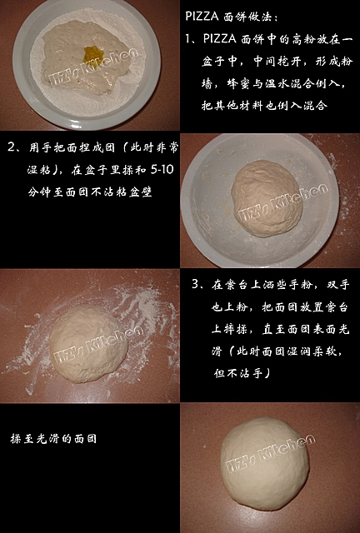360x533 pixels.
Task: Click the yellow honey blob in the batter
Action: [x=93, y=53]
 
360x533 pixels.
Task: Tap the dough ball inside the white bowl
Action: [x=267, y=198]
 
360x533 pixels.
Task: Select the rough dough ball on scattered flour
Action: [x=88, y=343]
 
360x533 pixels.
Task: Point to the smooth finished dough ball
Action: [x=265, y=464]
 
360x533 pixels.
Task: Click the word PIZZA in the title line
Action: [x=202, y=17]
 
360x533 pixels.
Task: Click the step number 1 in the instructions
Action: [x=188, y=38]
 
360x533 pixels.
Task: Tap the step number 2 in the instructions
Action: [x=11, y=147]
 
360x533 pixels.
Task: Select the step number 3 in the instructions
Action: [x=195, y=284]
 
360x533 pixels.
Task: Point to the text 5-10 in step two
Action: [x=162, y=169]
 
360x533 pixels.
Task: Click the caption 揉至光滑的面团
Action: [x=53, y=439]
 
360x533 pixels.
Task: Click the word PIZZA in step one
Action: [x=219, y=38]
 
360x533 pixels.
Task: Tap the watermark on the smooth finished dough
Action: [x=271, y=454]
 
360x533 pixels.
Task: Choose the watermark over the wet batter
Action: [x=92, y=67]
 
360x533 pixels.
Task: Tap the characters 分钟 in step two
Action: [x=39, y=192]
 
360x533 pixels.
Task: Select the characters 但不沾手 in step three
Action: [x=238, y=373]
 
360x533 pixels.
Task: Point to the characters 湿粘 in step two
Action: [x=39, y=169]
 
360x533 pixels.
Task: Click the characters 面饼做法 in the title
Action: [x=247, y=17]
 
